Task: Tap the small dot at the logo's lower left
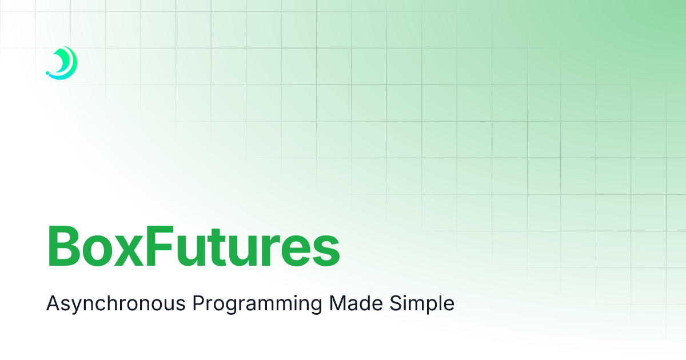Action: coord(47,73)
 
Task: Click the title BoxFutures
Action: coord(193,246)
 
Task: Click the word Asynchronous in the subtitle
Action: coord(115,303)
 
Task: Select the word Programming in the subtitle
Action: coord(257,303)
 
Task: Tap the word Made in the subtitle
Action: coord(356,302)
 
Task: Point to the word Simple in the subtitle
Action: coord(422,303)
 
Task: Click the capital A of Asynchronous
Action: coord(54,303)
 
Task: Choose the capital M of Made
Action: coord(338,303)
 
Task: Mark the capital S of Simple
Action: coord(396,303)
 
